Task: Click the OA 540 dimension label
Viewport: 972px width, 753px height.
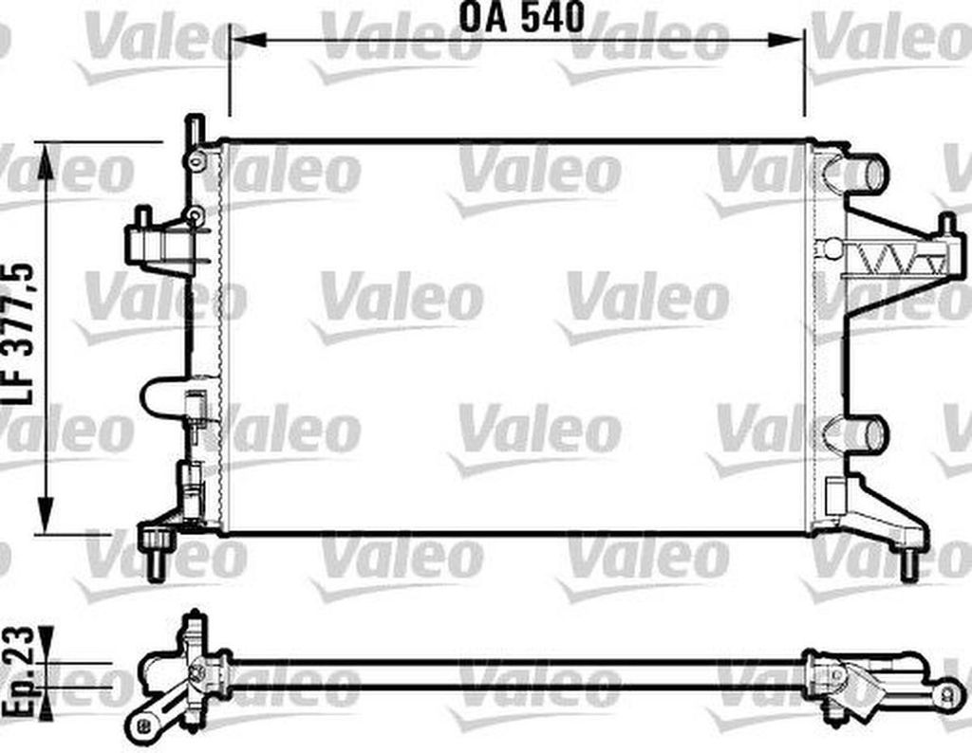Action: (521, 17)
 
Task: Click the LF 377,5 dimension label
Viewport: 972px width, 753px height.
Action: (19, 335)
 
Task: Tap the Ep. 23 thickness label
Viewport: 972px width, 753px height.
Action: (19, 671)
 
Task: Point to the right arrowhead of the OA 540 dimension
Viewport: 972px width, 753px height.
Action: (786, 40)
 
